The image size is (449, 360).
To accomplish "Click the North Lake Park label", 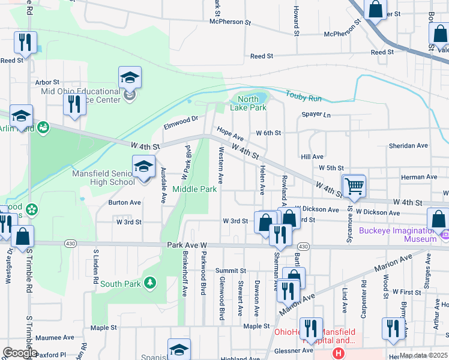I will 248,103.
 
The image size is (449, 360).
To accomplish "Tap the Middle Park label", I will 194,189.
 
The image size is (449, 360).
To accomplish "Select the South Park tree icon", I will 149,282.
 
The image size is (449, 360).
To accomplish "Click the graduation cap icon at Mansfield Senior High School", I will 143,167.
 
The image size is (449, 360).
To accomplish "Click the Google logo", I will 20,353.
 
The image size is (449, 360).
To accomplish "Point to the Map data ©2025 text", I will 423,355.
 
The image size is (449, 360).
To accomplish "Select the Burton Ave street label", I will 124,202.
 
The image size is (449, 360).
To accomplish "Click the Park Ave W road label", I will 187,245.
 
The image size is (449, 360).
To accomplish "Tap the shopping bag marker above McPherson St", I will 375,10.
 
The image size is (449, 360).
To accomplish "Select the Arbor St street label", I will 47,82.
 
